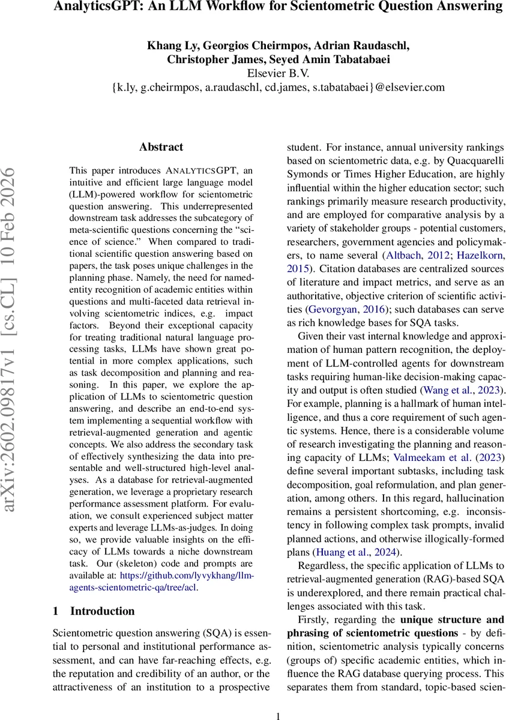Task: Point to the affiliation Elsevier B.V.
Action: coord(278,73)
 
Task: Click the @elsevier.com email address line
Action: coord(278,88)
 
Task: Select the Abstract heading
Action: coord(161,147)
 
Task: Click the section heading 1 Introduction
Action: coord(94,611)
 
